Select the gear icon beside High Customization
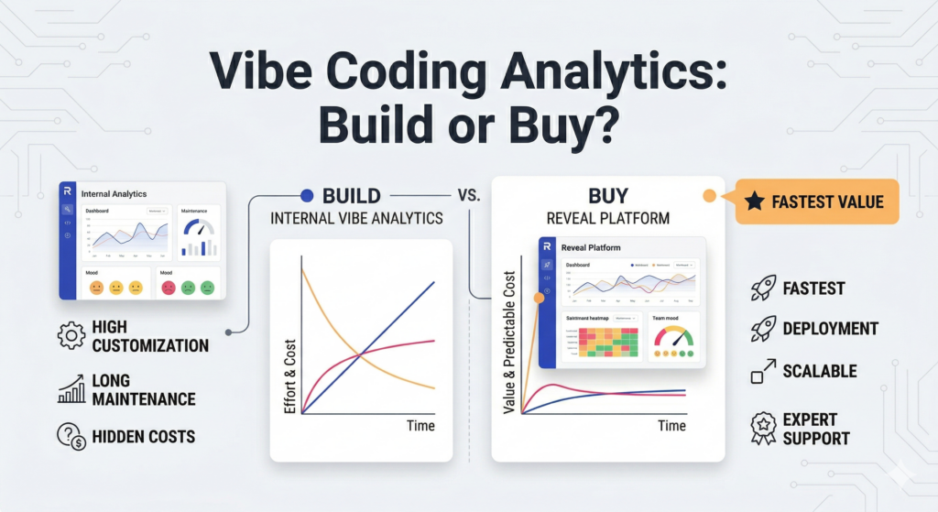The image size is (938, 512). pos(71,336)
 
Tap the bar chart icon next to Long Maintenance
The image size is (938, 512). pos(71,389)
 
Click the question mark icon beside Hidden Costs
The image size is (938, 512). pos(71,436)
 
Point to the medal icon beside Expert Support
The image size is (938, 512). pos(763,429)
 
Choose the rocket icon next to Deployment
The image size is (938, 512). pos(763,328)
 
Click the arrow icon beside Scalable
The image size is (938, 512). pos(763,372)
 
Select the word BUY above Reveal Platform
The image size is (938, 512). pos(607,195)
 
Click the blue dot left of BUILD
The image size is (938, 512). pos(307,195)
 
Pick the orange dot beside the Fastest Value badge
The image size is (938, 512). pos(708,195)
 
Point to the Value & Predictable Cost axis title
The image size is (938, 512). pos(510,342)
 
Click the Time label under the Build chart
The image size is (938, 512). pos(420,426)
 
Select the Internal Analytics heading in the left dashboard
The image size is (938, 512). pos(114,193)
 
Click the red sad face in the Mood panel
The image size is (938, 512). pos(169,288)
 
